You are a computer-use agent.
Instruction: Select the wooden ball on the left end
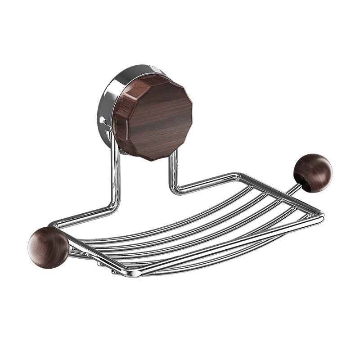click(48, 247)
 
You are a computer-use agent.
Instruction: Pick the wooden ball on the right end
click(313, 172)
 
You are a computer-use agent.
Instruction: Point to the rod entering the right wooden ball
click(293, 189)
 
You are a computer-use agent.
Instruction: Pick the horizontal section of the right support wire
click(207, 182)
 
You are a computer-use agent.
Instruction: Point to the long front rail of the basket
click(225, 245)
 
